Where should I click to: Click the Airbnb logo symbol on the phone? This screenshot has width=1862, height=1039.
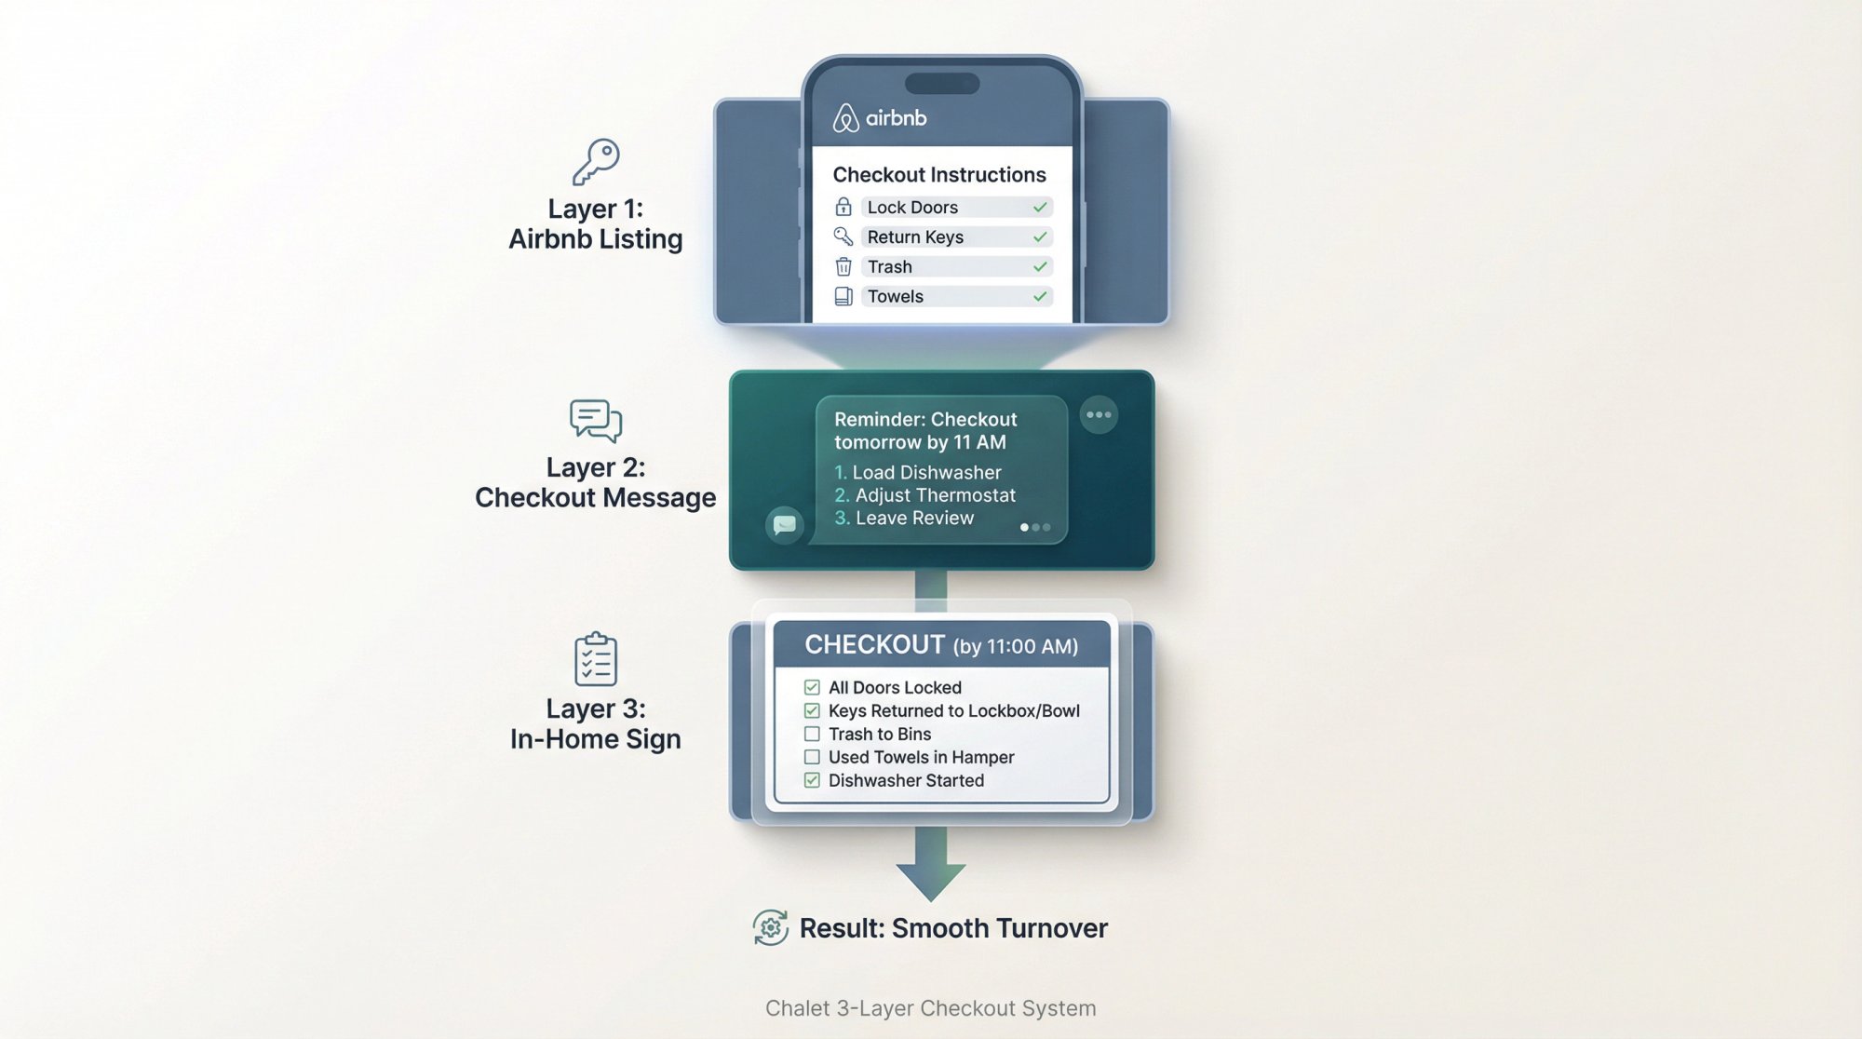pos(845,118)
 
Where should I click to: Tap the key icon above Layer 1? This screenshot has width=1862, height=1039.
pos(596,161)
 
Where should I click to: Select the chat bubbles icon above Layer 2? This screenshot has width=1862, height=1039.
pos(596,421)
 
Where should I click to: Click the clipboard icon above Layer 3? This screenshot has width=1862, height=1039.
pos(596,659)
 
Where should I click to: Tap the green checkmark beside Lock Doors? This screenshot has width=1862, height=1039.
pos(1040,208)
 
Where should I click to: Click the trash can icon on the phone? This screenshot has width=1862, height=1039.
pos(843,267)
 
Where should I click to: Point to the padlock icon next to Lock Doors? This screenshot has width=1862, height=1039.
pos(843,207)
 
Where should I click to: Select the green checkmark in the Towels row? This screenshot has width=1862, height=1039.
pos(1040,297)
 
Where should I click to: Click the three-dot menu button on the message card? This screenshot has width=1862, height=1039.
pos(1099,415)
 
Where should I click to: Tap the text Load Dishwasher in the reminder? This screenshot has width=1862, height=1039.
pos(926,473)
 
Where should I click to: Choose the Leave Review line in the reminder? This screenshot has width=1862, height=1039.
pos(914,519)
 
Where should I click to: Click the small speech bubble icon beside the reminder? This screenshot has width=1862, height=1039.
pos(785,525)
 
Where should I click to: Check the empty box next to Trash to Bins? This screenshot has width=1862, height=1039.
pos(812,735)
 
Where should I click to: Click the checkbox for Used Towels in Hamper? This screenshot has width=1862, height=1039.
pos(812,758)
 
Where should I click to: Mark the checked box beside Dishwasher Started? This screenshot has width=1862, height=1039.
pos(812,781)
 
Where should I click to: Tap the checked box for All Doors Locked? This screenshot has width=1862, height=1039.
pos(812,688)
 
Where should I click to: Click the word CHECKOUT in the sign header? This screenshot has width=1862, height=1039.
pos(874,645)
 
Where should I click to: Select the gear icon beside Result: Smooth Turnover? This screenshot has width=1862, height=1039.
pos(771,928)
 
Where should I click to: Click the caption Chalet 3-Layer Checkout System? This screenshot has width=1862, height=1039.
pos(931,1008)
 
